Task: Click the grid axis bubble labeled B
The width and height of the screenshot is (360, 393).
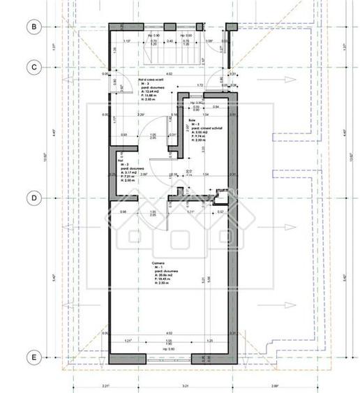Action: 33,27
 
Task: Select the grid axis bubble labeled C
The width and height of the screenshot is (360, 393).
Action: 33,67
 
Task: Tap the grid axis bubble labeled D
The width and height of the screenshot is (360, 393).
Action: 33,198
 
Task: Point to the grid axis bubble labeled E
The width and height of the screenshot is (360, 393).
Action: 33,357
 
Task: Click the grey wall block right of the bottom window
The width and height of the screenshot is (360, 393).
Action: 216,359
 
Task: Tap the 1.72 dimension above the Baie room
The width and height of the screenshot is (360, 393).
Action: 200,85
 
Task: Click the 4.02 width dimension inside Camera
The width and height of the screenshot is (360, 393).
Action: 167,333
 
